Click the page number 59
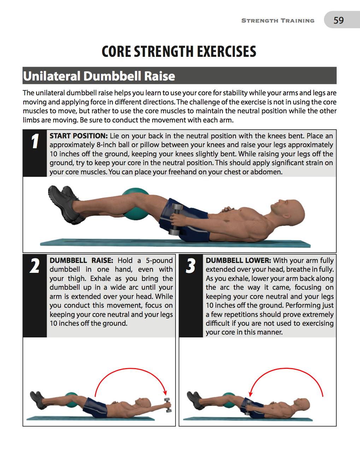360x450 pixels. [x=338, y=20]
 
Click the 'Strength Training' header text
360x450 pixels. [x=278, y=21]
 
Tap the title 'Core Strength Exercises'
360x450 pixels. [x=179, y=52]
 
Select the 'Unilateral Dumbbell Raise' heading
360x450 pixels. [x=99, y=76]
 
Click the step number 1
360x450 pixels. [x=35, y=142]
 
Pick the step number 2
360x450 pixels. [x=35, y=266]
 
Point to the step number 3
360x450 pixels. [x=191, y=266]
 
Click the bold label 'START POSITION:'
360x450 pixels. [x=78, y=136]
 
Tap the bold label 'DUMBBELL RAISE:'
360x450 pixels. [x=81, y=260]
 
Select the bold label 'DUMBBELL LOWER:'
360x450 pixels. [x=238, y=260]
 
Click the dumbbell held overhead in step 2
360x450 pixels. [x=167, y=405]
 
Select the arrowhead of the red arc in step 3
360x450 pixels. [x=250, y=394]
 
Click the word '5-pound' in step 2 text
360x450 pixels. [x=159, y=260]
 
